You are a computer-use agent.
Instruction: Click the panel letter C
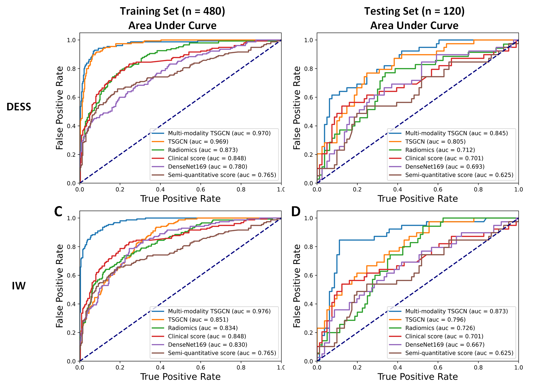[58, 212]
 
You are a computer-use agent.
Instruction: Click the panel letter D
[296, 212]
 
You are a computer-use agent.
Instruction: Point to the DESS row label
[19, 107]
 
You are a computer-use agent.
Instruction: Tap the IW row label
[19, 286]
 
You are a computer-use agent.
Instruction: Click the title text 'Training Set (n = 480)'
[172, 11]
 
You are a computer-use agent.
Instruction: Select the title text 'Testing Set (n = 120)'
[414, 11]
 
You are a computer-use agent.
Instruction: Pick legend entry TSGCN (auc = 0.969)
[198, 142]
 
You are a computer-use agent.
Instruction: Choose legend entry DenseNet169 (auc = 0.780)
[207, 167]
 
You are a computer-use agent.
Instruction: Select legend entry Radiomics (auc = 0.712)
[440, 150]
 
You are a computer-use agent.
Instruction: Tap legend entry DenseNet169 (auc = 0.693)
[445, 167]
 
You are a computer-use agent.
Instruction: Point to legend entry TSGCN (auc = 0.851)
[198, 320]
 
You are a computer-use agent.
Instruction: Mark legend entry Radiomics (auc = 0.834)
[203, 328]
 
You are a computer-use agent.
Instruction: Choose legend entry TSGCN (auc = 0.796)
[435, 320]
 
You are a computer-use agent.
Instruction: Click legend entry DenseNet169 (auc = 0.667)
[445, 345]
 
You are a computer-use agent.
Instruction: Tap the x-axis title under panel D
[418, 377]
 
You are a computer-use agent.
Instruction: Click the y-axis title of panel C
[60, 286]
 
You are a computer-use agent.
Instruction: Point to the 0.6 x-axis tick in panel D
[438, 367]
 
